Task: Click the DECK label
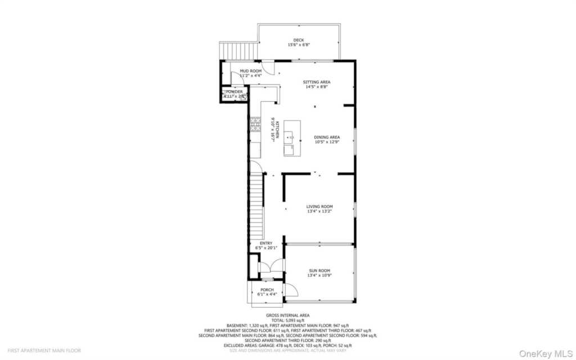(299, 40)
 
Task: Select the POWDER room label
(235, 92)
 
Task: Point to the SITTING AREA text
(317, 82)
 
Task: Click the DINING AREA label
(327, 137)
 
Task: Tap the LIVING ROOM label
(320, 206)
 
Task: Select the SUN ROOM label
(319, 271)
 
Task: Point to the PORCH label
(267, 290)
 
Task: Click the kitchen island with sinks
(291, 138)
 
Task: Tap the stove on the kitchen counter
(255, 124)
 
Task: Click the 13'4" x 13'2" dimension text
(320, 211)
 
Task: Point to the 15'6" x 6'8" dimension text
(299, 45)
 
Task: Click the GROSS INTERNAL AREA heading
(288, 316)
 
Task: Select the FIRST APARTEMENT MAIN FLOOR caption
(44, 350)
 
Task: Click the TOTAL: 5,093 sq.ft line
(288, 321)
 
